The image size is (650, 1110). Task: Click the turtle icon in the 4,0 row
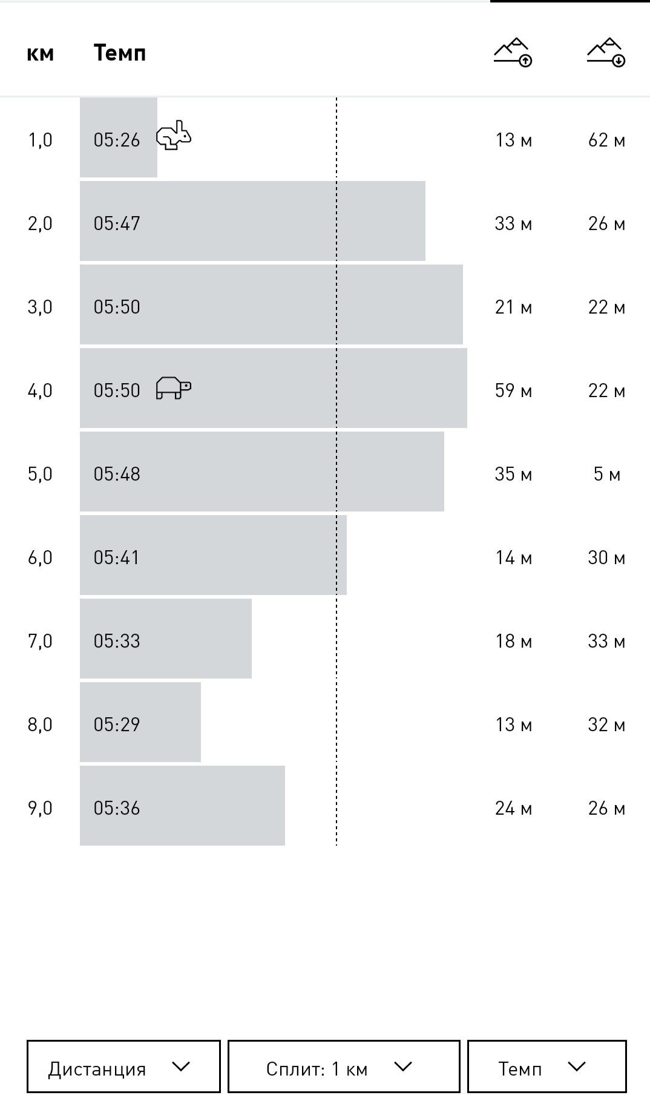[174, 387]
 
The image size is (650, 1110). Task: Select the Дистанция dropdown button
[123, 1066]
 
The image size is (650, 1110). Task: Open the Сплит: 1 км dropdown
[344, 1066]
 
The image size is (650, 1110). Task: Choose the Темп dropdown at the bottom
[547, 1066]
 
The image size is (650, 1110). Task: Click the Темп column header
[120, 53]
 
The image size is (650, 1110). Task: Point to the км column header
[41, 54]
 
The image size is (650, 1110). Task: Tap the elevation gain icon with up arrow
[513, 52]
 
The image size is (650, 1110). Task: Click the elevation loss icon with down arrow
[606, 52]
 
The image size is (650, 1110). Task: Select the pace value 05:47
[117, 224]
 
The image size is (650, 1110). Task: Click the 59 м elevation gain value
[514, 391]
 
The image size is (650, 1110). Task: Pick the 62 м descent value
[607, 140]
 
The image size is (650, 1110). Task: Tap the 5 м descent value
[607, 475]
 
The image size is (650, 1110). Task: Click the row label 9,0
[41, 809]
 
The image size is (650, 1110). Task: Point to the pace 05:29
[117, 725]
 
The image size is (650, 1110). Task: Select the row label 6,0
[41, 558]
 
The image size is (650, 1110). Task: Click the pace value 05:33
[117, 642]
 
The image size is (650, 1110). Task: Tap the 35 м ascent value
[514, 475]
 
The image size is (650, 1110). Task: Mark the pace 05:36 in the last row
[117, 809]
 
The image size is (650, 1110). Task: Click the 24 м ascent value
[514, 809]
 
